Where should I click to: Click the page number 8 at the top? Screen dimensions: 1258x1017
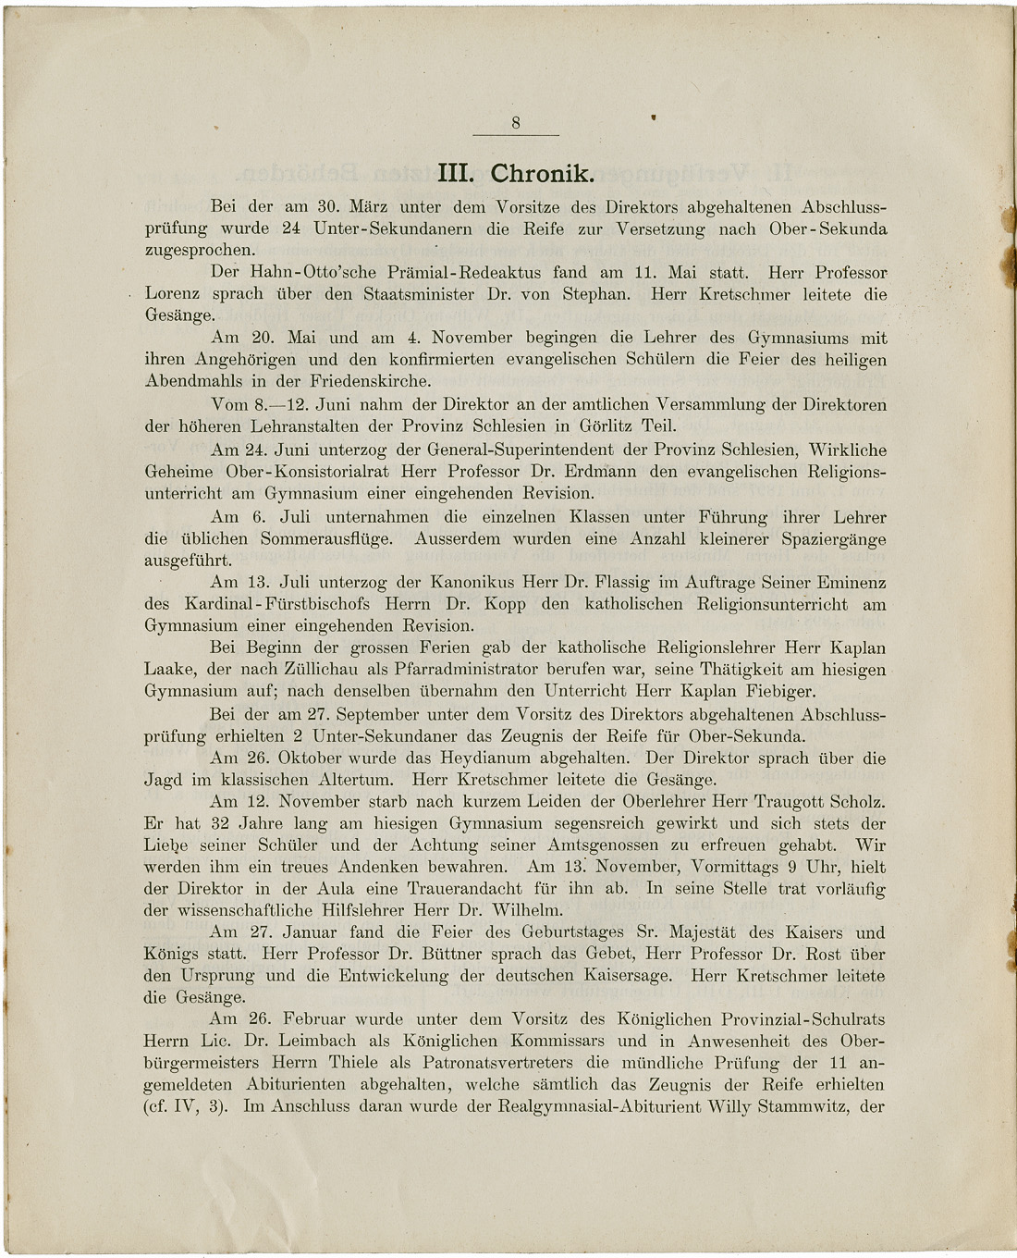tap(516, 122)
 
